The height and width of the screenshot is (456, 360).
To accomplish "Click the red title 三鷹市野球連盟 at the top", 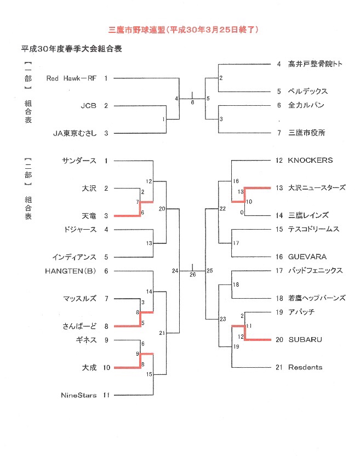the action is [x=137, y=30].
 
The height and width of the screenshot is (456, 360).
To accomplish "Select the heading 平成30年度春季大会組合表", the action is [x=72, y=49].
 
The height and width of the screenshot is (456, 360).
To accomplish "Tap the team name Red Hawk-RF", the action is [x=71, y=78].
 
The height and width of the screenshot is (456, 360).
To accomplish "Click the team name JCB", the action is [x=88, y=106].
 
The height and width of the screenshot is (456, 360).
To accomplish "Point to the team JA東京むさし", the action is [x=75, y=133].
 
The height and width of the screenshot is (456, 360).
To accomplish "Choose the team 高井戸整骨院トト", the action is [x=315, y=64].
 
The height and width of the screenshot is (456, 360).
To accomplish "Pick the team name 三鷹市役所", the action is [x=306, y=133].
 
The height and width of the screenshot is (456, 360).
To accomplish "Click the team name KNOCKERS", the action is [x=310, y=160].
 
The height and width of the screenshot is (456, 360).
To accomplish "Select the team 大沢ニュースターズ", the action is [x=317, y=188].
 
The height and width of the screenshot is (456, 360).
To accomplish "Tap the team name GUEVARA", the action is [x=307, y=257].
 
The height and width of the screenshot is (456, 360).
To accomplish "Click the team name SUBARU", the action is [x=305, y=340].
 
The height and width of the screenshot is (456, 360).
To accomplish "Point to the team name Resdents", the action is [x=305, y=367].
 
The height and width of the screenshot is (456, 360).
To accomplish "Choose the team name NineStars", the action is [x=78, y=395].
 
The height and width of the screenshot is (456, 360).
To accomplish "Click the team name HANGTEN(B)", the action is [x=70, y=271].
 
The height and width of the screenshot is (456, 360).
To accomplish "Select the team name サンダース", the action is [x=79, y=161].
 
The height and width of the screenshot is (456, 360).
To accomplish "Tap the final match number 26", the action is [x=192, y=275].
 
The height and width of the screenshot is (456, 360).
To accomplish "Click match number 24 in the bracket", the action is [x=175, y=271].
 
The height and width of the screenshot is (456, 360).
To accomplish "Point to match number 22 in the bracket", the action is [x=223, y=208].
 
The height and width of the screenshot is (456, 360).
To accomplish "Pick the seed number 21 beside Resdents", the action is [x=279, y=367].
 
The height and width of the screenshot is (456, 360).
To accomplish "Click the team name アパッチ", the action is [x=301, y=312].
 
